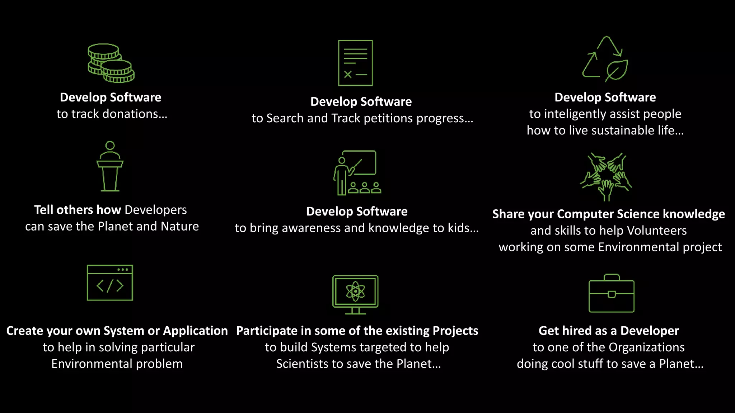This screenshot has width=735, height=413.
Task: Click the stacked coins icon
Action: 111,63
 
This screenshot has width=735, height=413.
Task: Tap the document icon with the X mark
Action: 355,63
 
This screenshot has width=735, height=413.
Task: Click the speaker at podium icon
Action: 110,166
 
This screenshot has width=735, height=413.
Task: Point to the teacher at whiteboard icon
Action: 357,173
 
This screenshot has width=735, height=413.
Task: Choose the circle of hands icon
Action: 606,176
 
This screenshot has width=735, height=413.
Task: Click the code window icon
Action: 110,283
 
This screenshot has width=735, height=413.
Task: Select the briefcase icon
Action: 611,293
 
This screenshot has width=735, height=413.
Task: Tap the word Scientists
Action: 302,364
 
